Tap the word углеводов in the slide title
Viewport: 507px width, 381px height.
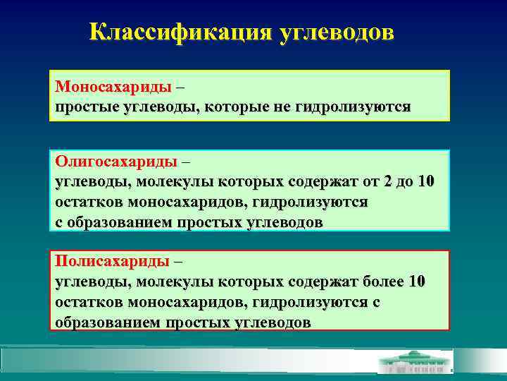tap(337, 33)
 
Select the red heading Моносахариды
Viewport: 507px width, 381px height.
tap(113, 87)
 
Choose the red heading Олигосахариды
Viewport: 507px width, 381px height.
tap(116, 162)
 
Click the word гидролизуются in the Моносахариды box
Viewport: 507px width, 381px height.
tap(351, 107)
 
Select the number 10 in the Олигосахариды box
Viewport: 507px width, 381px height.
tap(426, 181)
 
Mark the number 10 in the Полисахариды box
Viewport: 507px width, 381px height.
tap(417, 282)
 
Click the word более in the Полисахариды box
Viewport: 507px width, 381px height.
tap(381, 282)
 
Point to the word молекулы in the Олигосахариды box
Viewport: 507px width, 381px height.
tap(170, 181)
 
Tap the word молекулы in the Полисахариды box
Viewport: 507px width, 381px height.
tap(170, 282)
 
